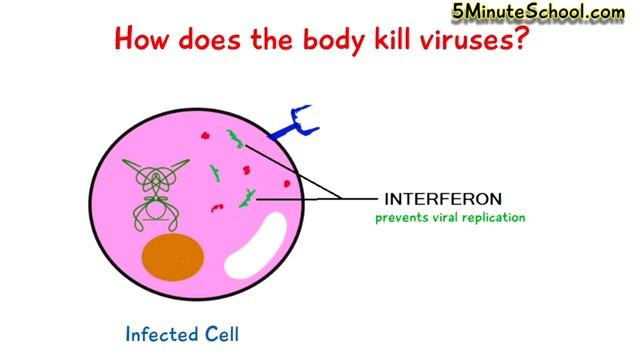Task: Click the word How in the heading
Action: coord(143,41)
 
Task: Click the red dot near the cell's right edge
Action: coord(286,184)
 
